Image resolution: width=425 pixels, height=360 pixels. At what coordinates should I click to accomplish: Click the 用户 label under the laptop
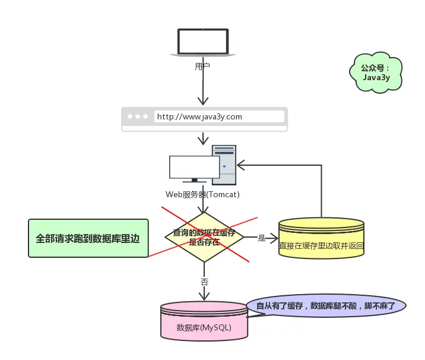click(202, 66)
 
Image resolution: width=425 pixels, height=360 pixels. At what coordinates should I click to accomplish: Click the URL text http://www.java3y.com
click(199, 117)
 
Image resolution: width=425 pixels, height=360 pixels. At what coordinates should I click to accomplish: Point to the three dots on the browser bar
click(138, 117)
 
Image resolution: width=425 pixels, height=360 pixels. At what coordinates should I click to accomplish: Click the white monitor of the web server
click(194, 167)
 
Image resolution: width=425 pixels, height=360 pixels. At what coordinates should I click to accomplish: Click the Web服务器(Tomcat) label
click(202, 194)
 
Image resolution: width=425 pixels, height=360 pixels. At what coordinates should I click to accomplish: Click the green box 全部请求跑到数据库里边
click(88, 238)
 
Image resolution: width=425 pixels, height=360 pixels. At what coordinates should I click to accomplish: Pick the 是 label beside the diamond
click(262, 238)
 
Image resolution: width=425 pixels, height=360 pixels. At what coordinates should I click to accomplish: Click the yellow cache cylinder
click(321, 238)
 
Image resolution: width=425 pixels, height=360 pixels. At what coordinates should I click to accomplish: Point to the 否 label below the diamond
click(204, 281)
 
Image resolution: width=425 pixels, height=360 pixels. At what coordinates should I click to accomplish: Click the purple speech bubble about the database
click(326, 306)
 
